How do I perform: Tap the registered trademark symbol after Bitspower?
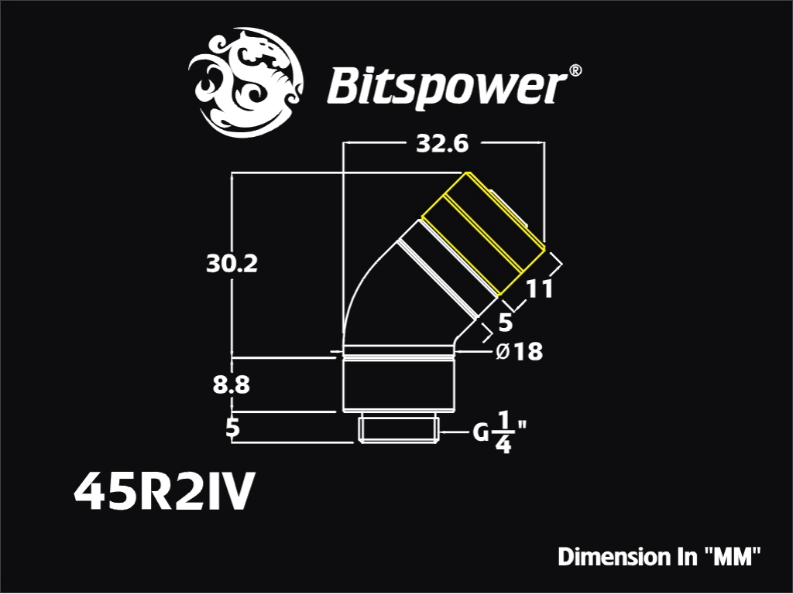pyautogui.click(x=575, y=70)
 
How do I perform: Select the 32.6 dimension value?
pyautogui.click(x=442, y=144)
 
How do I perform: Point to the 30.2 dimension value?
pyautogui.click(x=232, y=264)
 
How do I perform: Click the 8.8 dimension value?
pyautogui.click(x=231, y=385)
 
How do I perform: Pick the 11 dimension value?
pyautogui.click(x=540, y=289)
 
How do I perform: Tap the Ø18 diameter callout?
pyautogui.click(x=519, y=352)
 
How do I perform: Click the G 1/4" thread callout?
pyautogui.click(x=499, y=432)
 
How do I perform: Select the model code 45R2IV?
pyautogui.click(x=162, y=492)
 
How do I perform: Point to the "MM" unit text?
pyautogui.click(x=733, y=557)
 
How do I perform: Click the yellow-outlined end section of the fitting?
pyautogui.click(x=484, y=234)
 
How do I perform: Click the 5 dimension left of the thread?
pyautogui.click(x=232, y=428)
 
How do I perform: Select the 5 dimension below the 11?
pyautogui.click(x=505, y=323)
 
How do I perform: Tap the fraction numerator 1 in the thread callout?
pyautogui.click(x=503, y=420)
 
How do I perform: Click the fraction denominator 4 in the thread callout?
pyautogui.click(x=503, y=445)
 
